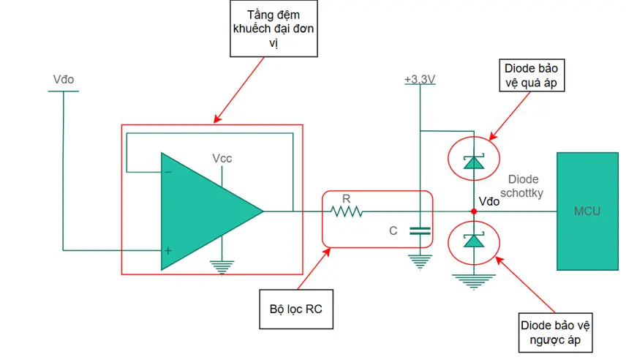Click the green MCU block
587,211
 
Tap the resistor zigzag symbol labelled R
347,211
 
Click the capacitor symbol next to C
420,230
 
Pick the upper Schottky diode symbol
473,162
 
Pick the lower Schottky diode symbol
473,240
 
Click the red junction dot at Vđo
473,211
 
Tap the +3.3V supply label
420,80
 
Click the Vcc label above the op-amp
222,159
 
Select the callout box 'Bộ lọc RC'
296,310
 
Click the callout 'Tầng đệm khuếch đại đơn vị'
274,29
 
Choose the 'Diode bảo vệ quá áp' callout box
532,75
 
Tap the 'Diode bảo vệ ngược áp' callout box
555,332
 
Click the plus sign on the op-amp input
168,250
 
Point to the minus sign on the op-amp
168,172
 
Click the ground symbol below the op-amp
222,267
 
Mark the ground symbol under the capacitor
420,263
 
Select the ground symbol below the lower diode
473,282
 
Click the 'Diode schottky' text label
522,186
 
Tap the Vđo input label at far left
64,80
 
